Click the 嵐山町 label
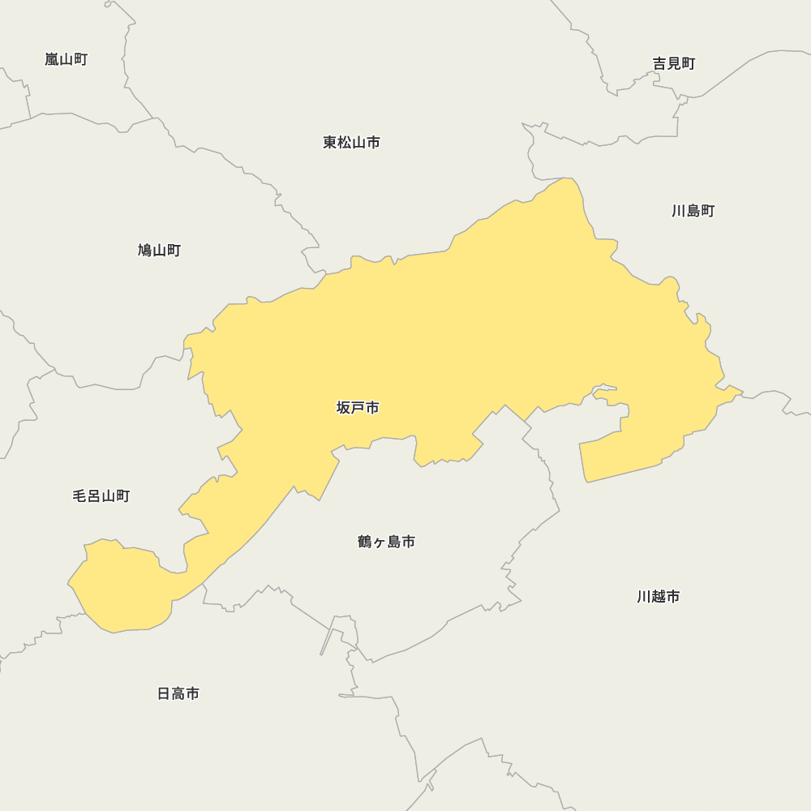tap(66, 59)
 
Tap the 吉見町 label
tap(674, 63)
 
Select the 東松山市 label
tap(351, 143)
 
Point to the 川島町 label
tap(693, 211)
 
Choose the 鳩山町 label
tap(159, 251)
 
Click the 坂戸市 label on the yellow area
tap(358, 408)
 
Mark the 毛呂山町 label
tap(101, 496)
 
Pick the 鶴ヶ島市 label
tap(386, 542)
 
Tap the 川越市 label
tap(658, 597)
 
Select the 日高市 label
tap(178, 694)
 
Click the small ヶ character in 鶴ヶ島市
tap(379, 543)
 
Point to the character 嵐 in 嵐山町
tap(52, 59)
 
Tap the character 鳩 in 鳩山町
tap(145, 251)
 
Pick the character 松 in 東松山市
tap(344, 143)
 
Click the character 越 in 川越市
tap(658, 597)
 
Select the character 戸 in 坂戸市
tap(358, 408)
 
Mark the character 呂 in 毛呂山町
tap(93, 496)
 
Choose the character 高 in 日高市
tap(178, 694)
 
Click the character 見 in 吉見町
tap(674, 63)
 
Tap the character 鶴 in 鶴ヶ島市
tap(365, 542)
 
